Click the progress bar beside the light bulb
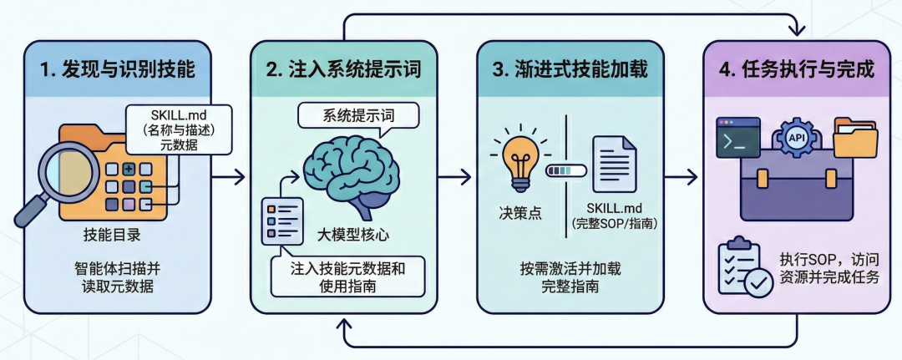[565, 170]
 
